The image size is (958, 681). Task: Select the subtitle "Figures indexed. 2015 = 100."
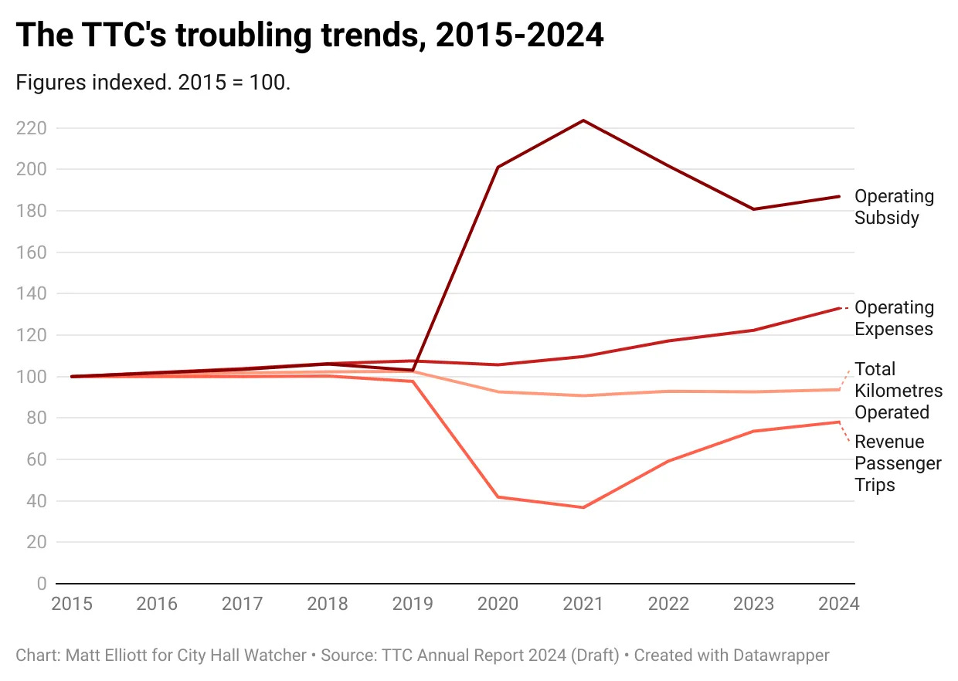point(153,83)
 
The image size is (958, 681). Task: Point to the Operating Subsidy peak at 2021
point(583,120)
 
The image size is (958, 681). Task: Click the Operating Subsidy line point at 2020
point(498,167)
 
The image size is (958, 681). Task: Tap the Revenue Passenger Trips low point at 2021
point(583,507)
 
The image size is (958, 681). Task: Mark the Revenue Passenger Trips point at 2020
point(498,496)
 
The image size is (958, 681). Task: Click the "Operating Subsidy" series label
point(894,207)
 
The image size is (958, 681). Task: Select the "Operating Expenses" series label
point(894,318)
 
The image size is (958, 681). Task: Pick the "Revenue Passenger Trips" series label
point(898,463)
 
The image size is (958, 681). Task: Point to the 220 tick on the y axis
point(30,128)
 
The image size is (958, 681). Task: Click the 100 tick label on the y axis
point(30,377)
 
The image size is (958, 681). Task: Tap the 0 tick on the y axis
point(41,584)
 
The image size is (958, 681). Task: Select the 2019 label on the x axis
point(413,604)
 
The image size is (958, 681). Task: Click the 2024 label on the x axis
point(839,604)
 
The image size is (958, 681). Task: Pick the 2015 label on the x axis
point(72,604)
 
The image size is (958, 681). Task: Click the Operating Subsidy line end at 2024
point(839,196)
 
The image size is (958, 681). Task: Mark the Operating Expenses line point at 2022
point(668,340)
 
